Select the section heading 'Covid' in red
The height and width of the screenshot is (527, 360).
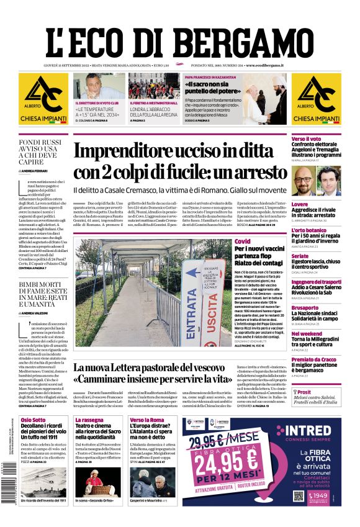pyautogui.click(x=241, y=241)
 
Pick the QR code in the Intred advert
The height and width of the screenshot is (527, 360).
pyautogui.click(x=299, y=497)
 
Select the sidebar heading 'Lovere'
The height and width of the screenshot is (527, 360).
pyautogui.click(x=300, y=204)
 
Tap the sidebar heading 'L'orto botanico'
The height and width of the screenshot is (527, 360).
pyautogui.click(x=308, y=230)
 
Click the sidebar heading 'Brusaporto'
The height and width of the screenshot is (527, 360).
pyautogui.click(x=305, y=307)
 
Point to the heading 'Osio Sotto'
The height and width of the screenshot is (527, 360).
pyautogui.click(x=34, y=420)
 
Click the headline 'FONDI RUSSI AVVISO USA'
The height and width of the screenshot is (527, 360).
pyautogui.click(x=40, y=149)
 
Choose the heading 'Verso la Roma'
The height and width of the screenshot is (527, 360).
pyautogui.click(x=146, y=420)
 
